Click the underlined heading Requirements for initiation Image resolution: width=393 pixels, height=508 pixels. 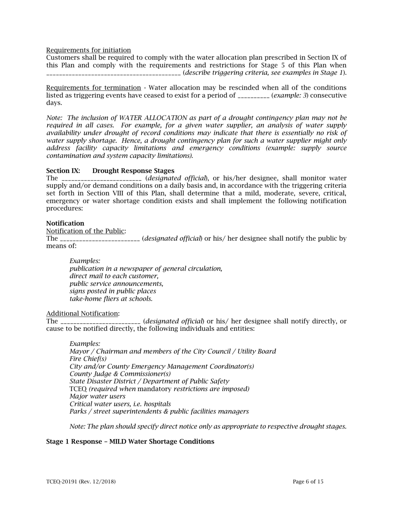point(89,50)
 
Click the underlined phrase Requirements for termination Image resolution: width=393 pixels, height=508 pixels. point(93,88)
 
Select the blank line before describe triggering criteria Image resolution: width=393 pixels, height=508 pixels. point(113,73)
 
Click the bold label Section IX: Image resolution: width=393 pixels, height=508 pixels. point(63,171)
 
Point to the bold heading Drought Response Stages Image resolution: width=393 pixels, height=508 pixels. point(133,171)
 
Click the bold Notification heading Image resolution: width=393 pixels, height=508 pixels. point(65,223)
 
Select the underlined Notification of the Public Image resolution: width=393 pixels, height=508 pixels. point(86,231)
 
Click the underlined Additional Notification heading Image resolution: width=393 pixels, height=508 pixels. point(82,313)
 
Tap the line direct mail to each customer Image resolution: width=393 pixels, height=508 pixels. point(114,276)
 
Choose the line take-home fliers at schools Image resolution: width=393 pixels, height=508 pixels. point(111,299)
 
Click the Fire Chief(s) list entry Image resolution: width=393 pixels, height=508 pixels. point(88,359)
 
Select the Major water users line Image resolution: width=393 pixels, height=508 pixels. point(97,396)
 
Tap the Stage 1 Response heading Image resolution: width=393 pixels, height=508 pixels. point(130,442)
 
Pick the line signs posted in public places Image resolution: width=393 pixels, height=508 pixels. point(113,291)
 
